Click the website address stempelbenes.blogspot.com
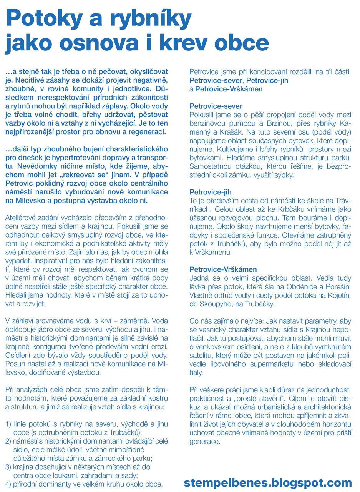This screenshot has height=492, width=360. coord(268,482)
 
